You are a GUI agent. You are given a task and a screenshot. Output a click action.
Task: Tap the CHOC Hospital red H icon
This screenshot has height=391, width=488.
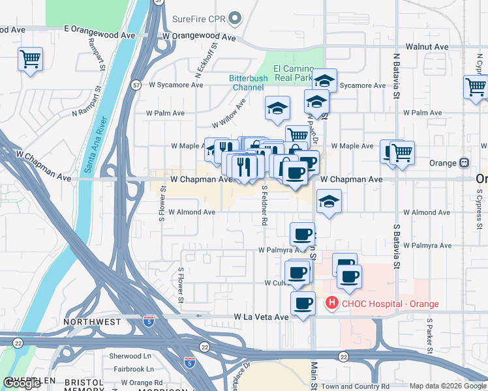point(331,303)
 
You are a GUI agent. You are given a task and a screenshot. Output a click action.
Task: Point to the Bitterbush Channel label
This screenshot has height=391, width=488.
point(247,83)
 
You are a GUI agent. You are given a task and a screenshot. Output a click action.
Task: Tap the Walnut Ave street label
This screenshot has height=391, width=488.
point(427,47)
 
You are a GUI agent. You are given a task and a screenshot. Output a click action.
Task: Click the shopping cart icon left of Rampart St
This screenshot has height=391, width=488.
point(30,59)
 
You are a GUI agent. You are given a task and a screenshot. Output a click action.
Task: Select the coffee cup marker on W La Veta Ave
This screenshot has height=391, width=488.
point(303,304)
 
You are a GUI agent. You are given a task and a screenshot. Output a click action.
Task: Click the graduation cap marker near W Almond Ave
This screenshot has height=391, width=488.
point(329,201)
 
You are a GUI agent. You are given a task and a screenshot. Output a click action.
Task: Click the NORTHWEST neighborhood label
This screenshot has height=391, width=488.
point(92,322)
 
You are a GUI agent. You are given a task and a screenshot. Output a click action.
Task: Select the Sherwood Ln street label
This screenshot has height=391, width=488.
point(130,356)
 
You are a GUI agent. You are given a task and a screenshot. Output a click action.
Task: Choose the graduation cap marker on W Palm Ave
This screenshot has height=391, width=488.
point(277,108)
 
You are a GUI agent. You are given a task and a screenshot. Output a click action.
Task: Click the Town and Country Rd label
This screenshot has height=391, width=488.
point(356,386)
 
